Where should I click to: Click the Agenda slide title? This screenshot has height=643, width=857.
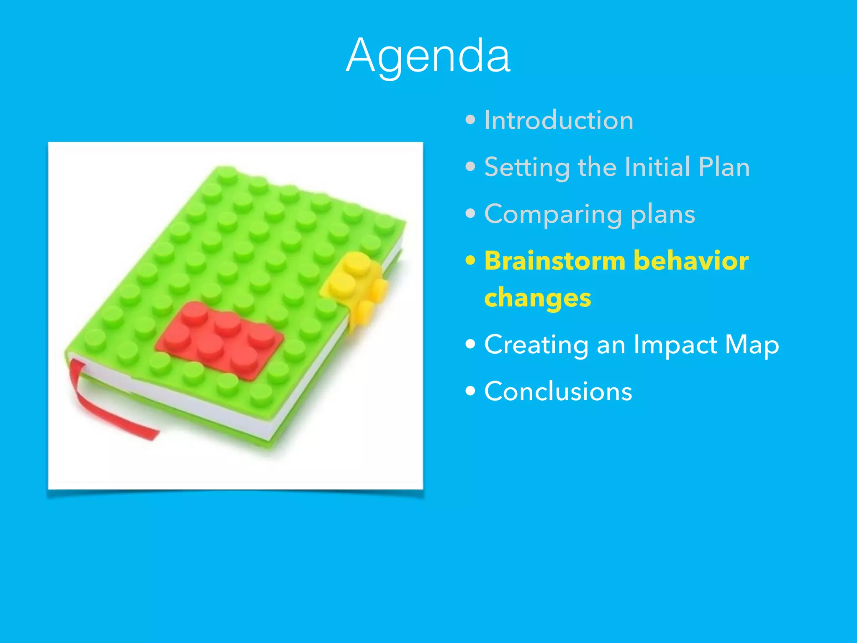(428, 56)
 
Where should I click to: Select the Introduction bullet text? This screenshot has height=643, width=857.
(559, 121)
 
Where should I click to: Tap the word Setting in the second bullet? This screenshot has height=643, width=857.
(527, 167)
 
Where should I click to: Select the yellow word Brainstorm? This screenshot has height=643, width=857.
(555, 261)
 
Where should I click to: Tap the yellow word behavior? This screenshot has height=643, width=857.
(691, 261)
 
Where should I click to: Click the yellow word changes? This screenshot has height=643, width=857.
(538, 298)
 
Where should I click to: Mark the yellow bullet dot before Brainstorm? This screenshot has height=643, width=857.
(470, 261)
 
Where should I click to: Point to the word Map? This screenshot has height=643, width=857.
(752, 345)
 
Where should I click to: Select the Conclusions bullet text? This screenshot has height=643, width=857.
(558, 391)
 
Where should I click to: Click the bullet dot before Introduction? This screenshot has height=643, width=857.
(470, 121)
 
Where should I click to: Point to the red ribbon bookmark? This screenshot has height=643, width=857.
(105, 408)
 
